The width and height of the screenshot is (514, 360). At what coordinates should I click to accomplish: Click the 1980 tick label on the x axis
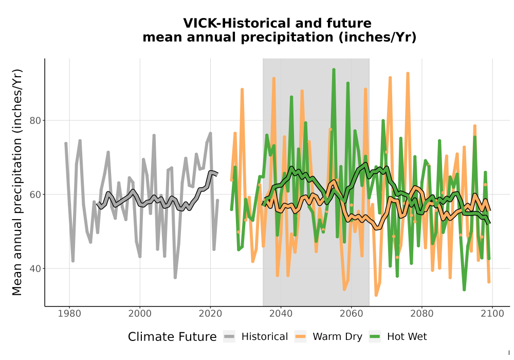coord(69,314)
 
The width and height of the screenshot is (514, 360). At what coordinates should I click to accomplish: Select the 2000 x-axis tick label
coord(140,314)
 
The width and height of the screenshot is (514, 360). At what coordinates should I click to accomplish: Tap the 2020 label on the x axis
coord(210,314)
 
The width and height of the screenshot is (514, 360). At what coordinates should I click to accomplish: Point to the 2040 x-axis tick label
coord(281,314)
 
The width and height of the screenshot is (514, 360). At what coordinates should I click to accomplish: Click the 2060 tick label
coord(352,314)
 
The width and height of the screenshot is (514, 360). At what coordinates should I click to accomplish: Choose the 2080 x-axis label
coord(422,314)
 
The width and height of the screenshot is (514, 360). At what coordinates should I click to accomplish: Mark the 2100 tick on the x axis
coord(492,314)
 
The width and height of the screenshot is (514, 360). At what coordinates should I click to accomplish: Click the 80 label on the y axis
coord(35,121)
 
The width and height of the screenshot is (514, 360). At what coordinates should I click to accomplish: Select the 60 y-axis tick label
coord(35,194)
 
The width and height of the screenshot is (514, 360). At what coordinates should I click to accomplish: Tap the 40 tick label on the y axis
coord(35,268)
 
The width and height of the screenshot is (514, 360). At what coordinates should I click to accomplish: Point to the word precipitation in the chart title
coord(287,38)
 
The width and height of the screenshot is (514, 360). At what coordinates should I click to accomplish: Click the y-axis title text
coord(17,182)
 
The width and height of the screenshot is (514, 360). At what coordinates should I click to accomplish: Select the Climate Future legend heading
coord(172,337)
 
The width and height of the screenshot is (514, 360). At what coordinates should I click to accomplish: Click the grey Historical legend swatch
coord(229,336)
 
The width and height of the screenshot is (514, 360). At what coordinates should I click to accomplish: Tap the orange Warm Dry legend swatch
coord(300,336)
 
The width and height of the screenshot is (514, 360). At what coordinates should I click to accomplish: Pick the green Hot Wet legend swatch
coord(375,336)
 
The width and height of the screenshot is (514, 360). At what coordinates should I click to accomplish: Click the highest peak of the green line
coord(334,69)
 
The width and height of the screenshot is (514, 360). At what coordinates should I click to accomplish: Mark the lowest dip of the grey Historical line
coord(175,277)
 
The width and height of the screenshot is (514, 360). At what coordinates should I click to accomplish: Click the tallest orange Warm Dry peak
coord(408,73)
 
